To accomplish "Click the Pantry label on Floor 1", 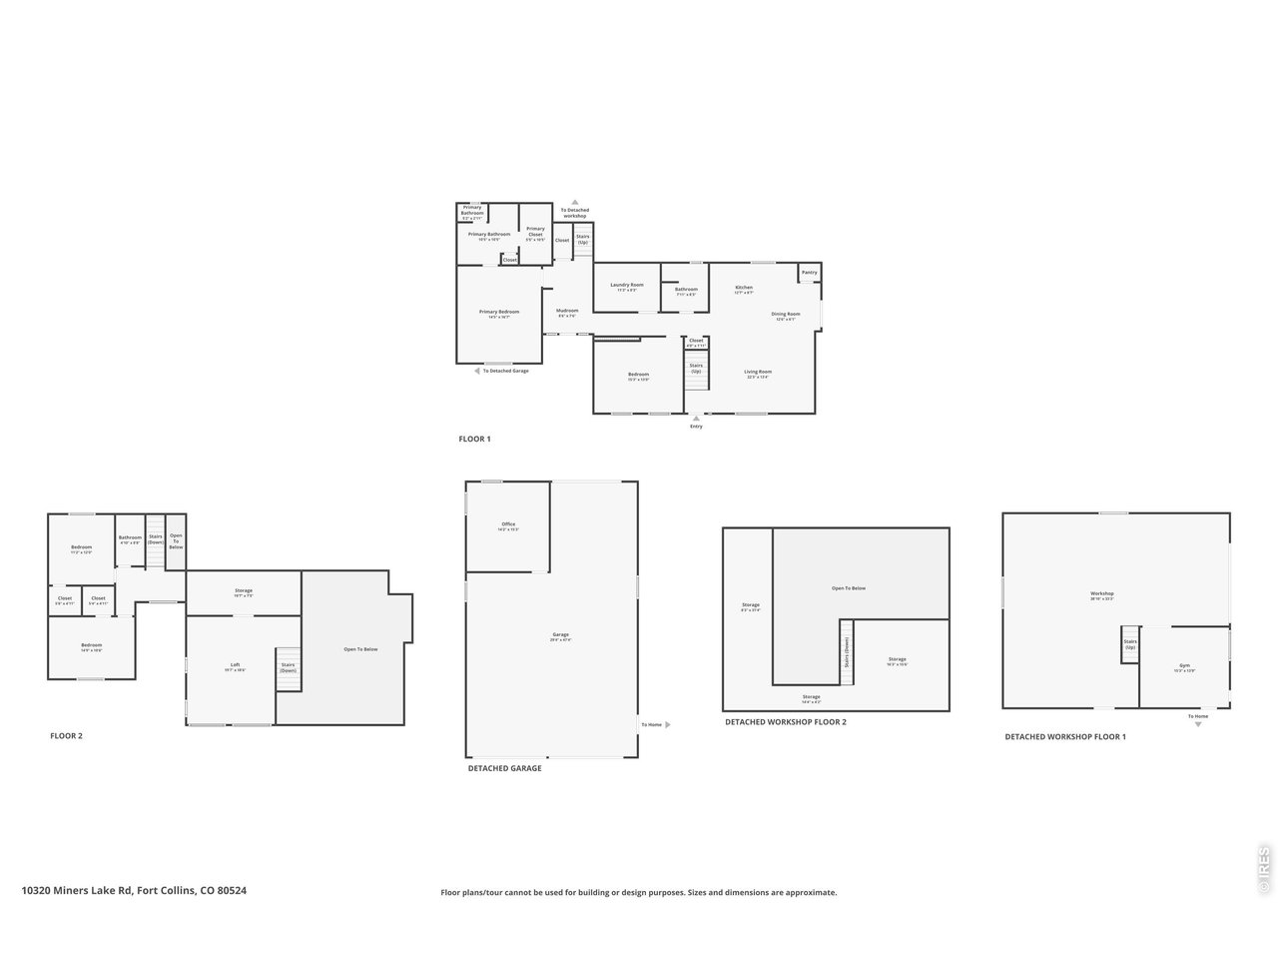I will coord(809,273).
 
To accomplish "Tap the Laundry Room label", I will coord(627,286).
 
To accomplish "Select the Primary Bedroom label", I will coord(499,313).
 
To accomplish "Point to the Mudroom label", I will coord(567,311).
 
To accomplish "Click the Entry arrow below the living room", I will coord(696,420).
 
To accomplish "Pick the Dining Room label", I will coord(786,315).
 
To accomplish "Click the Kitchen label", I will coord(744,288).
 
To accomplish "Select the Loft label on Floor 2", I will coord(236,665).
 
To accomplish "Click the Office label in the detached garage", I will coord(508,524).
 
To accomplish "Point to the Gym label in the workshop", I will coord(1184,665).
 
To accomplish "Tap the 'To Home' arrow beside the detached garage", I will coord(667,724).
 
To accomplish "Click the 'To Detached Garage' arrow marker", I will coord(477,371).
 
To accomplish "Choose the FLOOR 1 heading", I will coord(474,440).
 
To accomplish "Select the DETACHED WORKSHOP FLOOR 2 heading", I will coord(785,721).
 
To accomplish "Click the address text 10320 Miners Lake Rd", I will coord(134,890).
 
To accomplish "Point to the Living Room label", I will coord(758,373).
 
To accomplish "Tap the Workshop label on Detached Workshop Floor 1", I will coord(1101,594).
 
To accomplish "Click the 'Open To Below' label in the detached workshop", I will coord(849,588).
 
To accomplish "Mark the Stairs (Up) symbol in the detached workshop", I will coord(1130,644).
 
